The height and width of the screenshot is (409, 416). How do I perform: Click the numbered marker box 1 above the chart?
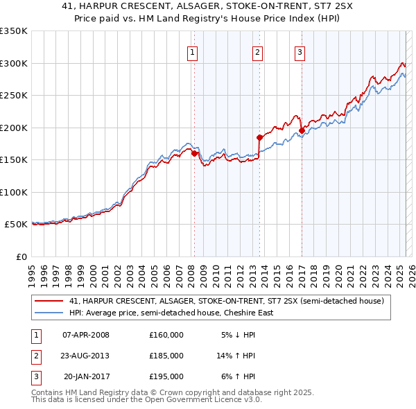pyautogui.click(x=191, y=51)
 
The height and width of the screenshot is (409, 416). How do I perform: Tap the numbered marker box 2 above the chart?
pyautogui.click(x=257, y=51)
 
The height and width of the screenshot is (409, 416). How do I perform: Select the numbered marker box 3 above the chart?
pyautogui.click(x=300, y=51)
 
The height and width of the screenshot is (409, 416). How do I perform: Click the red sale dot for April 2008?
pyautogui.click(x=195, y=154)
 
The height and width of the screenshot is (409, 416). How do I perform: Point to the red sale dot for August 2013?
pyautogui.click(x=260, y=137)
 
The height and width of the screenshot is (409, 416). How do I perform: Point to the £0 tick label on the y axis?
pyautogui.click(x=20, y=256)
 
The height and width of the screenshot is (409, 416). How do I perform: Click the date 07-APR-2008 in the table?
pyautogui.click(x=86, y=335)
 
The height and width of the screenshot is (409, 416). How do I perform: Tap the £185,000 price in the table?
pyautogui.click(x=166, y=356)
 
